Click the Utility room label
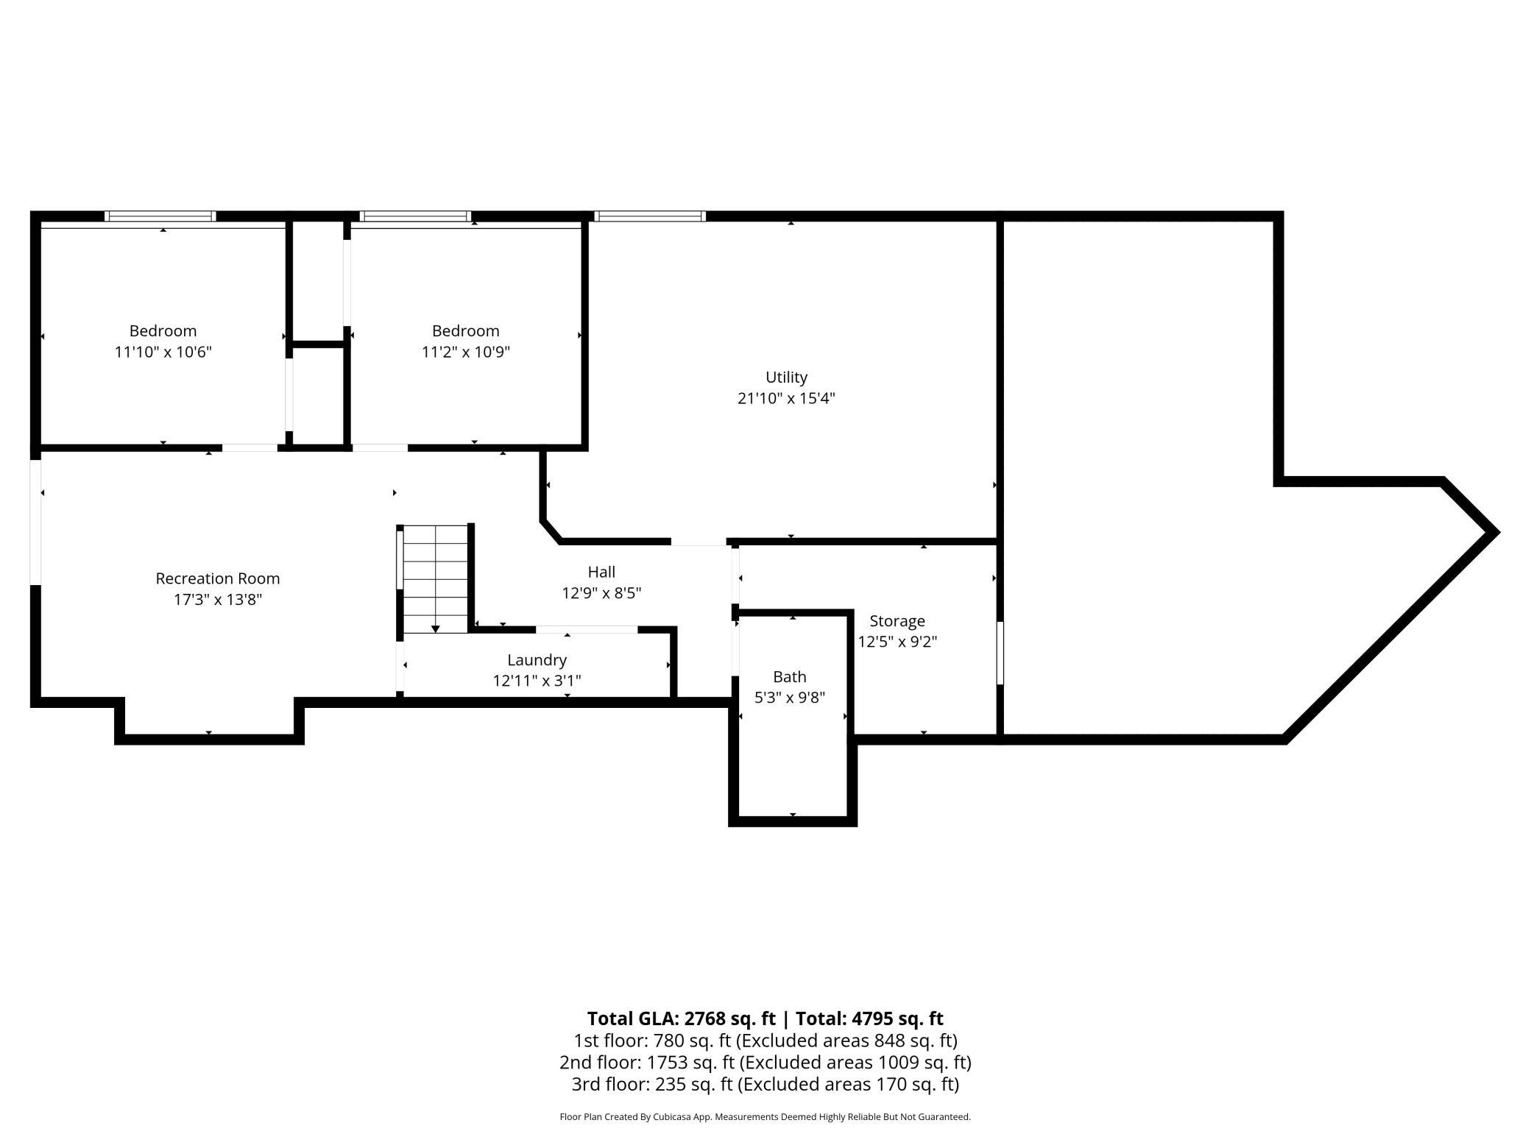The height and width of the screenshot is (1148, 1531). click(786, 378)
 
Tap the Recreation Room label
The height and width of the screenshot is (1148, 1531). click(217, 579)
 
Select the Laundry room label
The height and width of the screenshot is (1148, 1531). click(537, 660)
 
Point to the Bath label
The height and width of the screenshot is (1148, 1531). click(789, 677)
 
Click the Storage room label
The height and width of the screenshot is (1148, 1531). click(897, 621)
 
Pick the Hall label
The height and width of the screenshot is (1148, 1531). click(601, 572)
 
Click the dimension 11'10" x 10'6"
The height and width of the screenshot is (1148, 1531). click(163, 352)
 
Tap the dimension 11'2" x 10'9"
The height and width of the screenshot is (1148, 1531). click(465, 352)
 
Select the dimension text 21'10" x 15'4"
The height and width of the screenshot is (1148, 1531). click(786, 398)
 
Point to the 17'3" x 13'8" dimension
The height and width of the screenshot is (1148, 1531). click(217, 600)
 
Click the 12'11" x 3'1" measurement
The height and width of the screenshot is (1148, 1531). click(537, 681)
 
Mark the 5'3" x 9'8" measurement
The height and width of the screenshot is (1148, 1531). click(789, 697)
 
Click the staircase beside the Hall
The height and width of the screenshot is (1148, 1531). click(436, 578)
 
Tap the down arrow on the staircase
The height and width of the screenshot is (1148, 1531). click(436, 628)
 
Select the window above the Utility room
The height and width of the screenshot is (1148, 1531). click(650, 216)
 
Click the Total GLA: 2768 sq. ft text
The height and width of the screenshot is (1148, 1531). click(682, 1018)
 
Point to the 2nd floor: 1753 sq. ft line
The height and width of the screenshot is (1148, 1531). click(765, 1063)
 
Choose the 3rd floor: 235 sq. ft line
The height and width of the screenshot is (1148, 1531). click(765, 1085)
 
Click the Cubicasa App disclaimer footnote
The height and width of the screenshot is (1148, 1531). click(765, 1117)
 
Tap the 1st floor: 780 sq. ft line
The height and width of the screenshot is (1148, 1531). click(765, 1041)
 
